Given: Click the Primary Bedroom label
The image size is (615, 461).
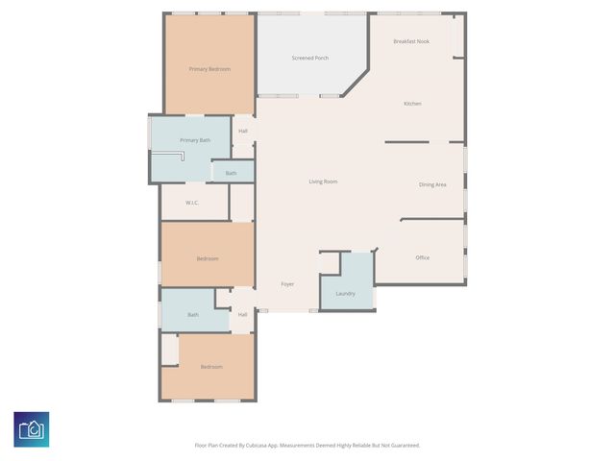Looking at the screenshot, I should click(209, 69).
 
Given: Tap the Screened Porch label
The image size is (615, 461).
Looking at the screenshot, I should click(310, 59).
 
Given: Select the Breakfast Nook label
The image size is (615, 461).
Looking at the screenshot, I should click(410, 42).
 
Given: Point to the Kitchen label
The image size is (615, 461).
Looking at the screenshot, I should click(412, 104).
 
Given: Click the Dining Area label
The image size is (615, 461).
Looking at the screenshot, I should click(432, 184).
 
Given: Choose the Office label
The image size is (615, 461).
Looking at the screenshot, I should click(423, 258).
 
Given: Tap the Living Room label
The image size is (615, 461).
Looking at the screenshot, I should click(323, 182).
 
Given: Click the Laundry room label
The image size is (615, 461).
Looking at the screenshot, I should click(345, 293).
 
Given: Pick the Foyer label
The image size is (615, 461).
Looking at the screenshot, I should click(287, 284).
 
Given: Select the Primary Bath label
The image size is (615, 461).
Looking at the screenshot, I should click(195, 141).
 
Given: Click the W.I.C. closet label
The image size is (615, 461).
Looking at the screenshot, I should click(191, 203).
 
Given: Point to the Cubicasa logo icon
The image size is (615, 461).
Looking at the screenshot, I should click(32, 429).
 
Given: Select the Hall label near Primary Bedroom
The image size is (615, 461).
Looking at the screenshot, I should click(243, 132).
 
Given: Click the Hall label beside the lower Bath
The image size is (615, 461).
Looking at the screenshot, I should click(242, 315).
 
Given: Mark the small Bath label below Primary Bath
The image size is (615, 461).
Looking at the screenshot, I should click(232, 174).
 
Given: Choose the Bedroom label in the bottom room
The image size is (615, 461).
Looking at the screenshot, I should click(211, 367).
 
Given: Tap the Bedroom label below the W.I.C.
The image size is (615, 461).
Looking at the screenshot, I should click(208, 259).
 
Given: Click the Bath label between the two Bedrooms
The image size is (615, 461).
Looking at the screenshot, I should click(193, 315).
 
